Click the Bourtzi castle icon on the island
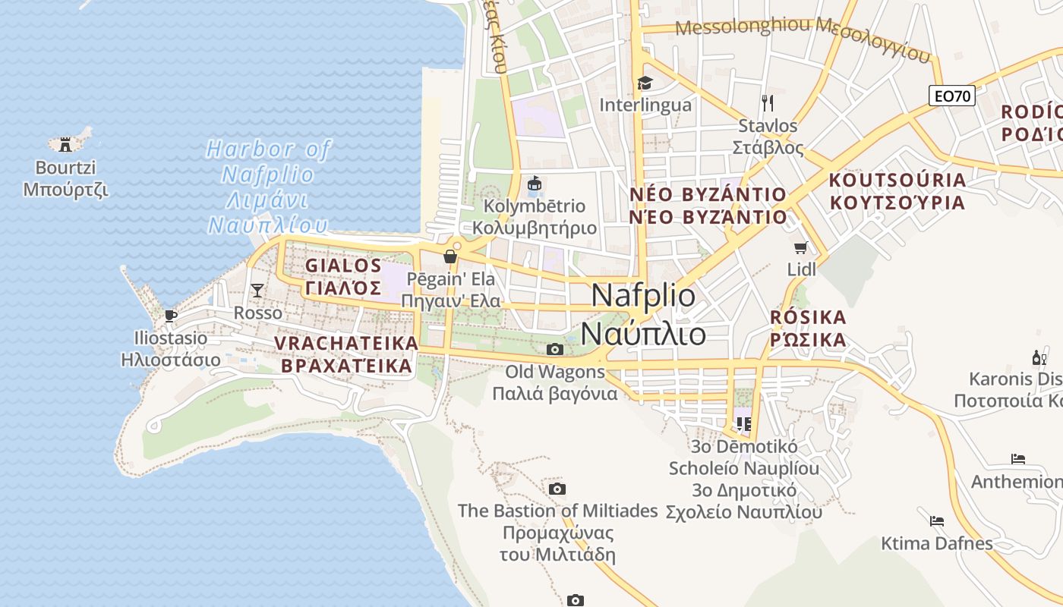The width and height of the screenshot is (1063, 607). tap(65, 143)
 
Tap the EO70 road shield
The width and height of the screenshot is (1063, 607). tap(952, 96)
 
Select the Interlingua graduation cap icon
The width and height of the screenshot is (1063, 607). tap(645, 83)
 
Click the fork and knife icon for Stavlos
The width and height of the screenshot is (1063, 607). tap(768, 102)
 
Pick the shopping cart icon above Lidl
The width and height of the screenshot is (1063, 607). tap(800, 247)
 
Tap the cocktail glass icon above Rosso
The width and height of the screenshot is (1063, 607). tap(257, 290)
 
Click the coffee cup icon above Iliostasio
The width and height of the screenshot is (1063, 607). tap(170, 315)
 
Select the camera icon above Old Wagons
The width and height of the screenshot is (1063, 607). tap(555, 349)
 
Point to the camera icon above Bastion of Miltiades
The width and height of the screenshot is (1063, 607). tap(557, 489)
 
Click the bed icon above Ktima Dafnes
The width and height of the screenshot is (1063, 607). tap(937, 521)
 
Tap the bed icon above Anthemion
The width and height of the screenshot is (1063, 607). tap(1018, 459)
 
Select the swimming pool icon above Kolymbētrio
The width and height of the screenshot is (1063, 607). tap(535, 184)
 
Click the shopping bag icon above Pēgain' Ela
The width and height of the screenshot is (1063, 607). tap(450, 256)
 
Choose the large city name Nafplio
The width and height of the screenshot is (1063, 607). tap(642, 295)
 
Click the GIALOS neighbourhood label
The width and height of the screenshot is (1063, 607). tap(343, 266)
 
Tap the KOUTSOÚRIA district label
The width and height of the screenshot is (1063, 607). tap(897, 181)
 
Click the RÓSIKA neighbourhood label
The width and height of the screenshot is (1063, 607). tap(808, 317)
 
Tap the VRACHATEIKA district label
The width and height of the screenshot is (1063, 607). tap(346, 344)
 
